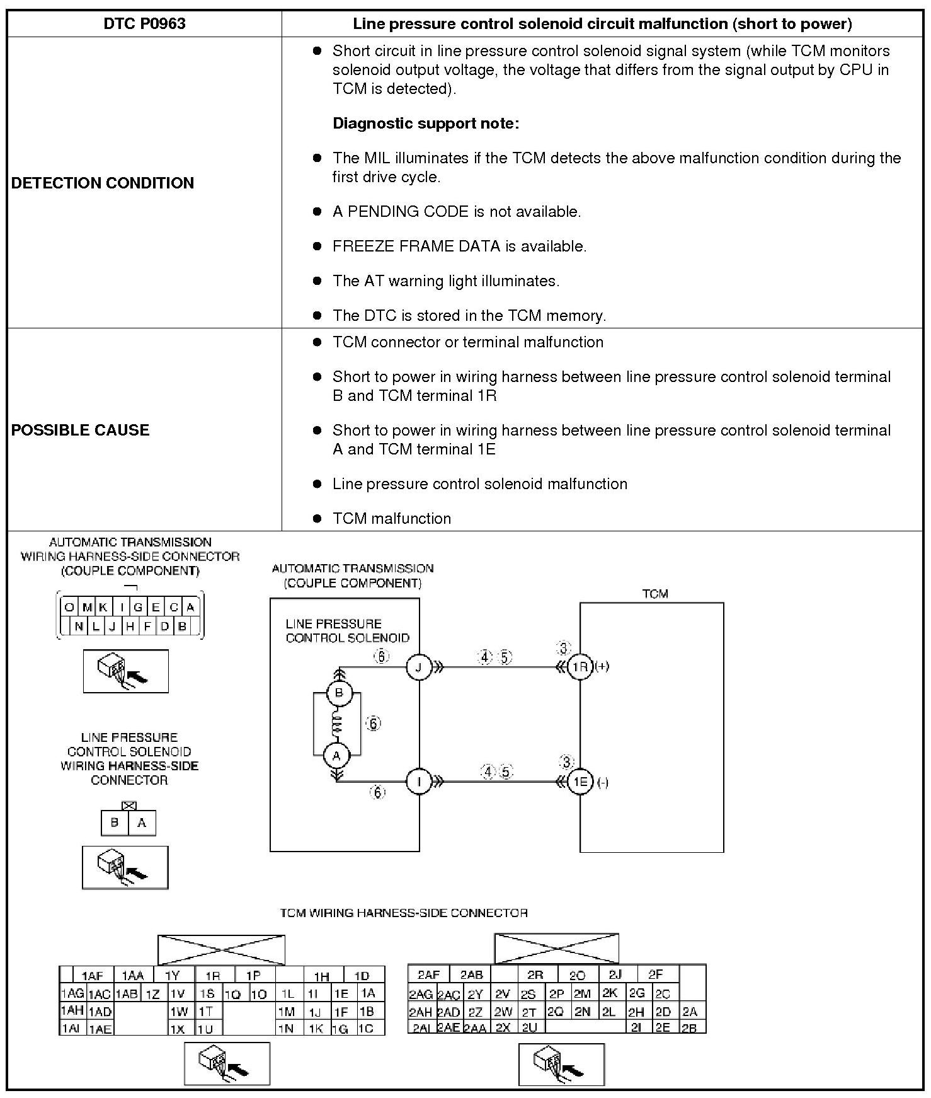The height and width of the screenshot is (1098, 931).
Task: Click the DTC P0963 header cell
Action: pos(144,24)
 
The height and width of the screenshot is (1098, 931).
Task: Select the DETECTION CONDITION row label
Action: pos(103,183)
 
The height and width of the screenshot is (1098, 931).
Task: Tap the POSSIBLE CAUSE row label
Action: pos(81,430)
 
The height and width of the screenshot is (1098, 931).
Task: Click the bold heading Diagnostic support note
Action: pos(426,124)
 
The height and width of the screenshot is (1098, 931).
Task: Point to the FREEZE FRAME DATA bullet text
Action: pos(459,246)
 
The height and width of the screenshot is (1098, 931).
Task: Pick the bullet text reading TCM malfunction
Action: pos(392,519)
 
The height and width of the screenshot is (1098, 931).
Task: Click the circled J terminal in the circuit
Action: pos(419,667)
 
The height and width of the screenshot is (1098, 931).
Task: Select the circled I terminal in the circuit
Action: pos(419,782)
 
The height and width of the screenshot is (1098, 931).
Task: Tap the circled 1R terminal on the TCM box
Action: pos(580,667)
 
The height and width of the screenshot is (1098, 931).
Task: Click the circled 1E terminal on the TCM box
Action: pos(580,782)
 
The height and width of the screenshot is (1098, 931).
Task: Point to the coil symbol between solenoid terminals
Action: pos(337,724)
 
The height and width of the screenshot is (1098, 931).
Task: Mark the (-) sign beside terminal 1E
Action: pos(602,783)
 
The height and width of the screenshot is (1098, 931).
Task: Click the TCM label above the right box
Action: pos(654,594)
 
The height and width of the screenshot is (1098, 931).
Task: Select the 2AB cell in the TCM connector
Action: pos(471,974)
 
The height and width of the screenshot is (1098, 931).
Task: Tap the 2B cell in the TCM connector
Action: pos(690,1027)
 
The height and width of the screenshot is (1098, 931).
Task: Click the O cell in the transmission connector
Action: pos(69,608)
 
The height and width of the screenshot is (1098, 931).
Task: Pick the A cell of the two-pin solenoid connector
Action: pos(142,823)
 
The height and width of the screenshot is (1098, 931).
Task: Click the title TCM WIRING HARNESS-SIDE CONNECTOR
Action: pos(404,913)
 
